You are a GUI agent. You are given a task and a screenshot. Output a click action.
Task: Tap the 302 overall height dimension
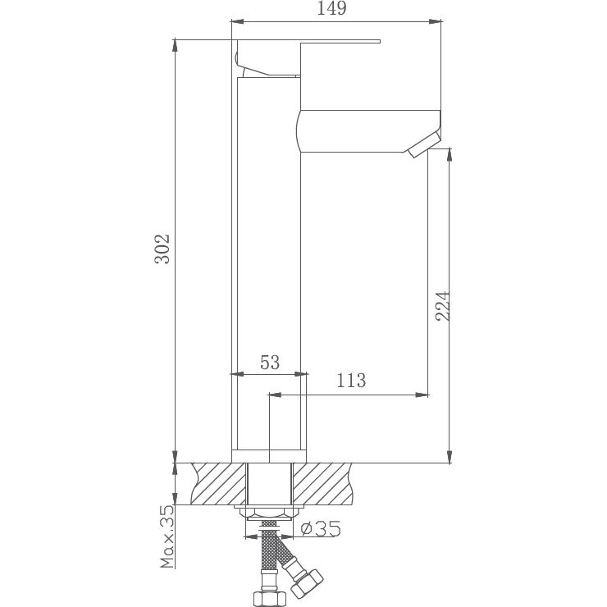click(x=163, y=249)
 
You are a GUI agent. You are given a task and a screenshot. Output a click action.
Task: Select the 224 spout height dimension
click(x=442, y=305)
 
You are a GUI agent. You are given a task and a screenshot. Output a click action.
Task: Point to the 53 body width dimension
click(x=270, y=362)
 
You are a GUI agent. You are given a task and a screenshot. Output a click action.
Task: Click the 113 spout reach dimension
click(x=350, y=381)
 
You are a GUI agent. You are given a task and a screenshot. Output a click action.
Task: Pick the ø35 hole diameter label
click(x=320, y=530)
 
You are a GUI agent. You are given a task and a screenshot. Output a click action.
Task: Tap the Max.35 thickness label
click(x=167, y=536)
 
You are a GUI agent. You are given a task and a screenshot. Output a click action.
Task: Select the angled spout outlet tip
click(x=424, y=145)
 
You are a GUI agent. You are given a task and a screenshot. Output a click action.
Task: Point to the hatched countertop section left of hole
click(x=218, y=484)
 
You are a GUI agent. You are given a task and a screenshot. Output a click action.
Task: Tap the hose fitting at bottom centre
click(x=267, y=595)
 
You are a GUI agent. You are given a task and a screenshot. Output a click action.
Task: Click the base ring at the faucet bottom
click(x=270, y=456)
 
